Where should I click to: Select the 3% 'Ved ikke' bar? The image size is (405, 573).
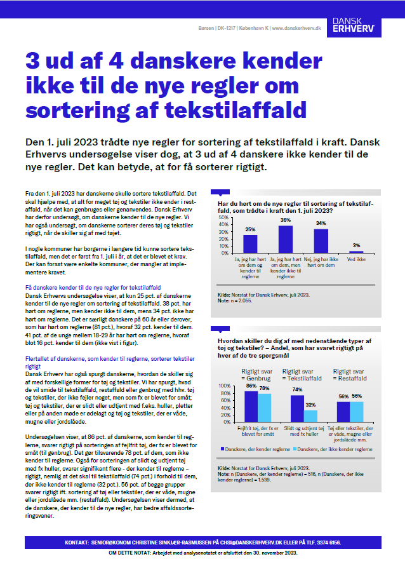pos(356,252)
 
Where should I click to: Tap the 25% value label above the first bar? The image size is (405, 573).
pos(250,230)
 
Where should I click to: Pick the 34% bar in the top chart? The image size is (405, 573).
pos(321,241)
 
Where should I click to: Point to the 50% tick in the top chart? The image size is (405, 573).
pos(223,217)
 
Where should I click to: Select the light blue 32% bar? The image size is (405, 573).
pos(310,415)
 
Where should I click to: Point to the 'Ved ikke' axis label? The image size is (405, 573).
pos(356,259)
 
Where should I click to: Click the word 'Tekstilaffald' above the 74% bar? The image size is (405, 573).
pos(303,377)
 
